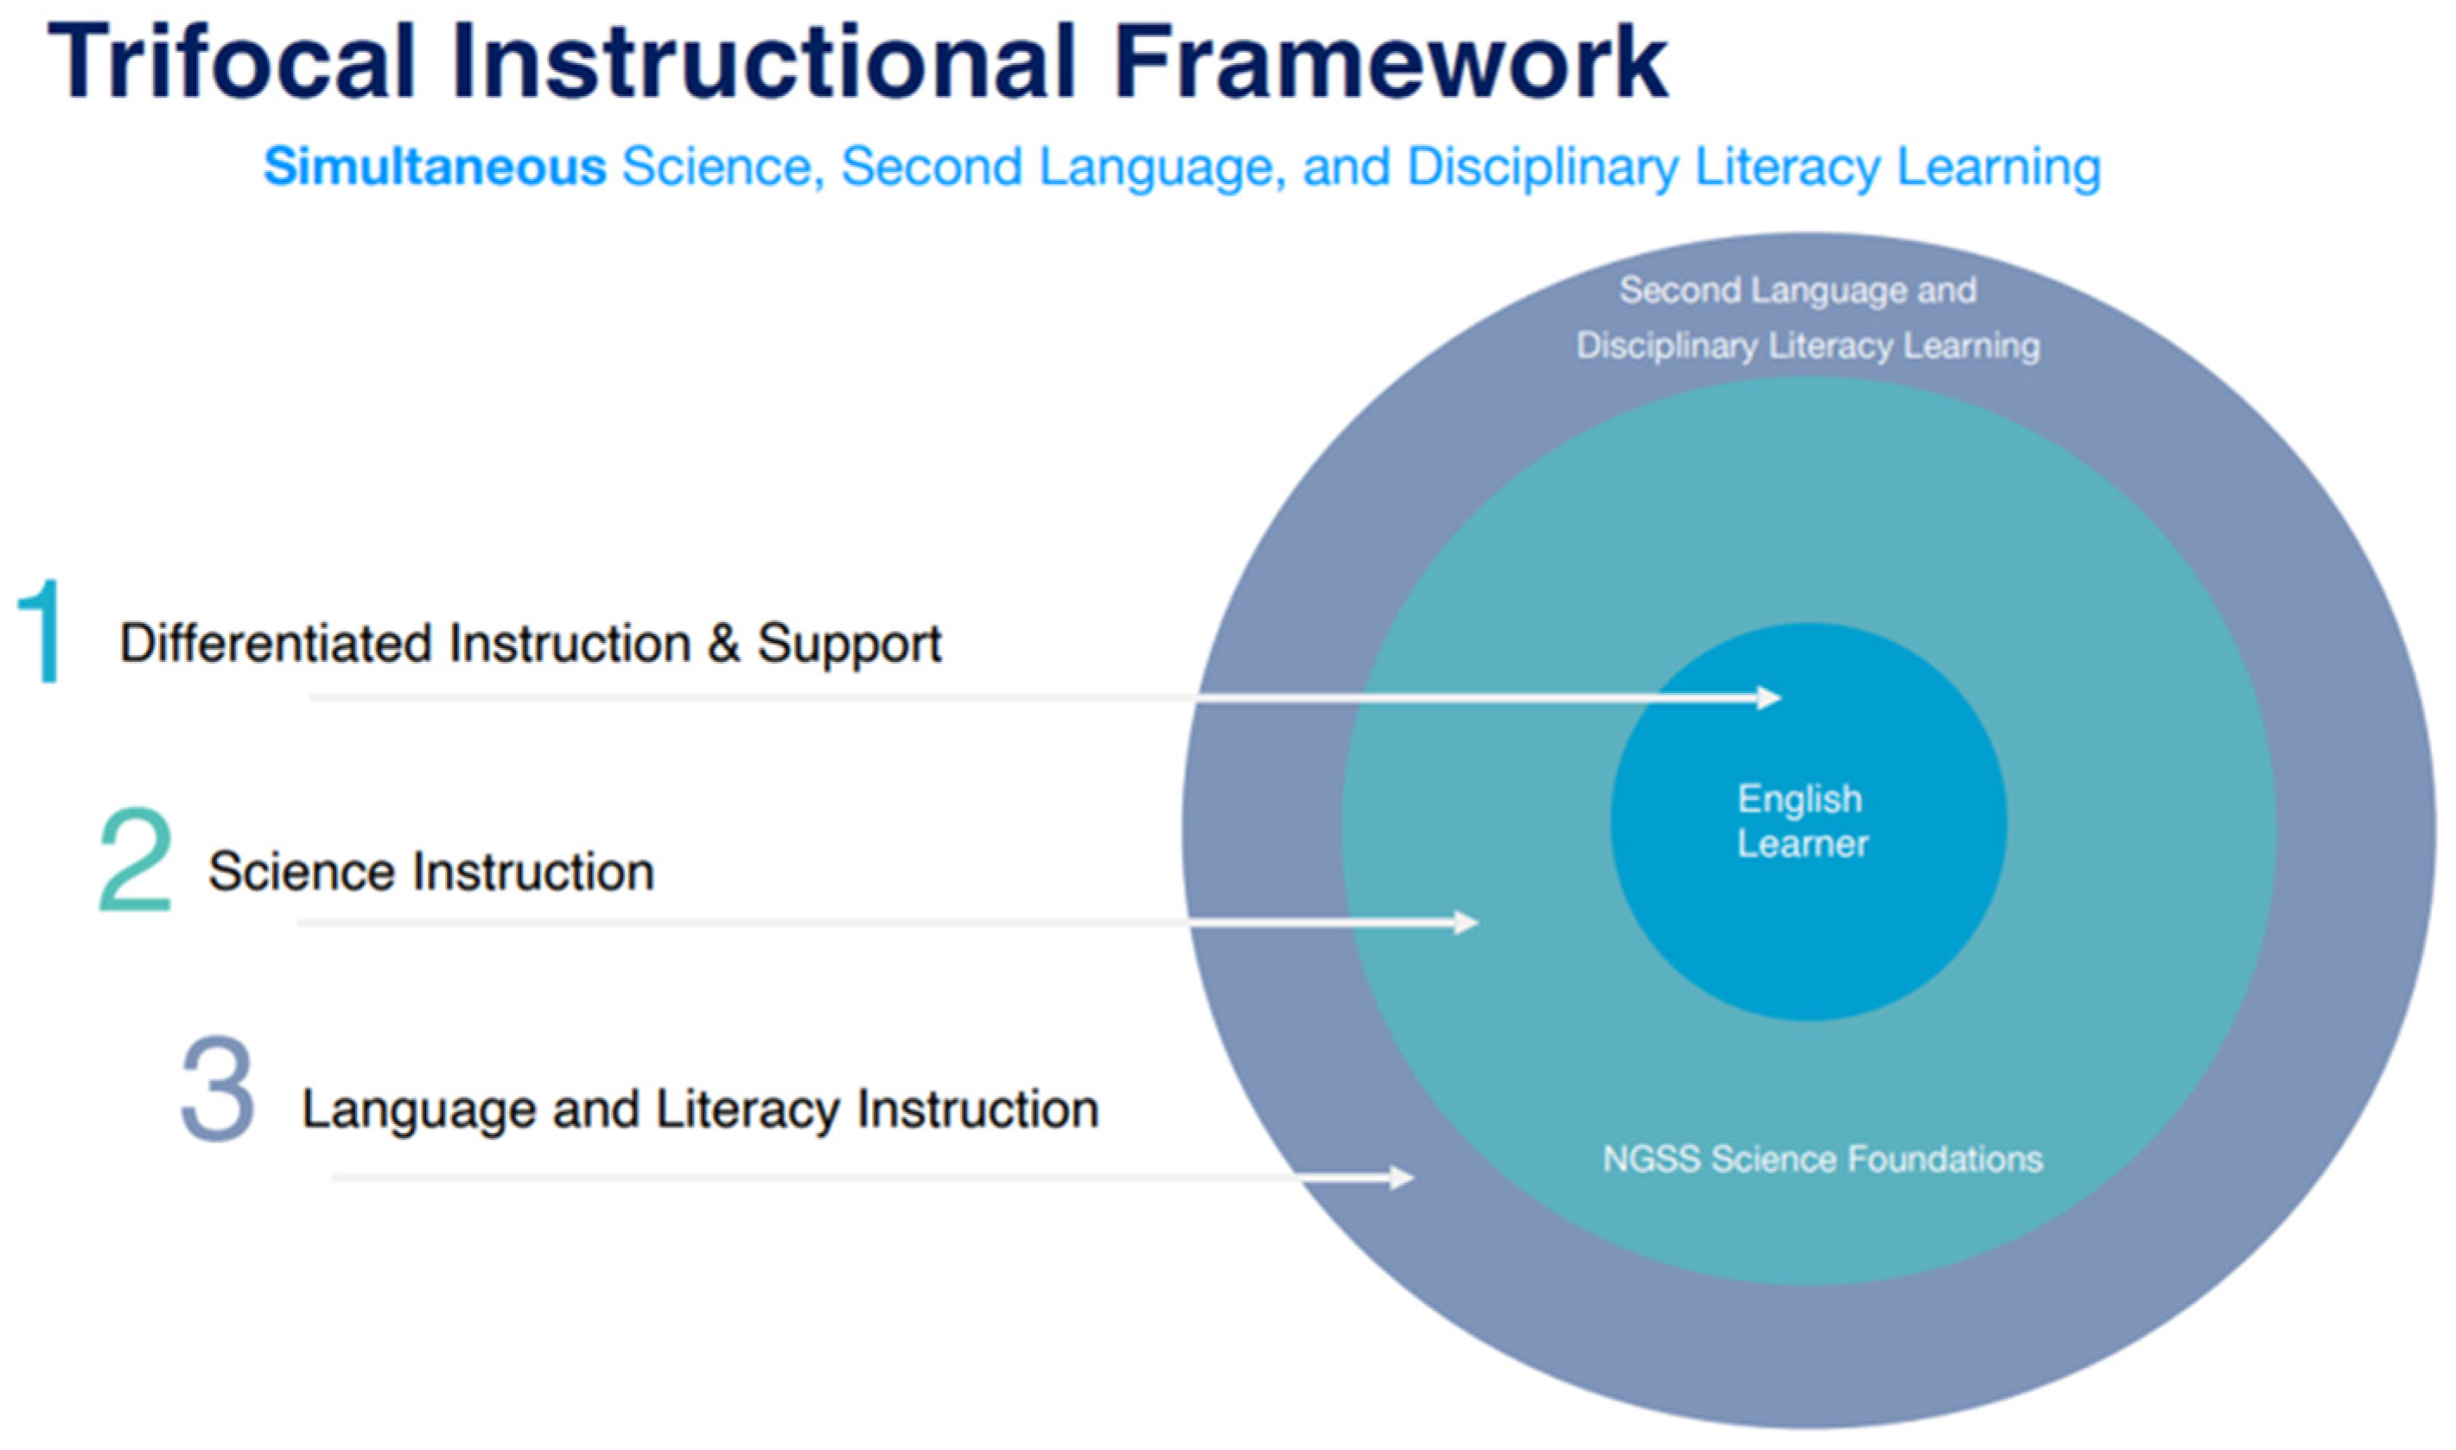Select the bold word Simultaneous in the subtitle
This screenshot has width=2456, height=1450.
(435, 166)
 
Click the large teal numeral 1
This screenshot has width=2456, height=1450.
(41, 630)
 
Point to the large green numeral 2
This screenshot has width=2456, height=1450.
(135, 860)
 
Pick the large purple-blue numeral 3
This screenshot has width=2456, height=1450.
(217, 1090)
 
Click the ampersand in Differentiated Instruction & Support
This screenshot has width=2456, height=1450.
(724, 643)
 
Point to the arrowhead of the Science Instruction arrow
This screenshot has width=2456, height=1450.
(1467, 922)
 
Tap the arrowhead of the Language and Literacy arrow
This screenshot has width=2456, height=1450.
(1401, 1178)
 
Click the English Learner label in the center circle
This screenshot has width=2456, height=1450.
(1803, 822)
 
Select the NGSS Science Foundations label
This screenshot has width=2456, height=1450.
(1823, 1159)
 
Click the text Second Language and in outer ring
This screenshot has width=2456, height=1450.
(1798, 290)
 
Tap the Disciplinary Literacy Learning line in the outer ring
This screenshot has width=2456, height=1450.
(1808, 346)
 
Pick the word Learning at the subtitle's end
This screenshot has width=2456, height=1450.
(1999, 168)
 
